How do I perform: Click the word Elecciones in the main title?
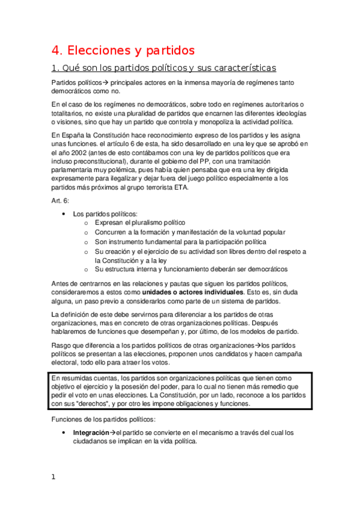tap(98, 49)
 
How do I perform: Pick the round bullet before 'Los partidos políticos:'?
tap(64, 214)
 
